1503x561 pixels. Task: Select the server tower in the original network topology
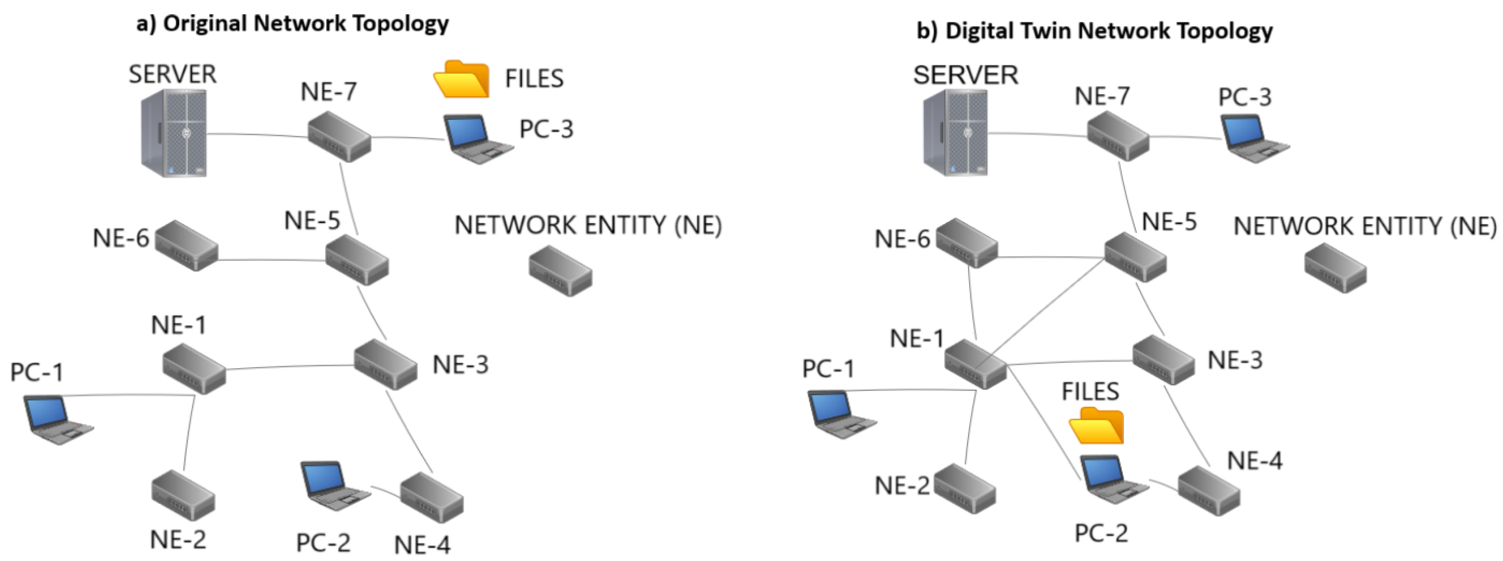click(174, 133)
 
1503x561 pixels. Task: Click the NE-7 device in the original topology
click(339, 137)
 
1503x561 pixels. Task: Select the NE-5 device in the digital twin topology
click(1135, 256)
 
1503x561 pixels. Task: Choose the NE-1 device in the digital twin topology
click(975, 364)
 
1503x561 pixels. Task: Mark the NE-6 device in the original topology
click(187, 245)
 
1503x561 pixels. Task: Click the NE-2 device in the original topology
click(182, 496)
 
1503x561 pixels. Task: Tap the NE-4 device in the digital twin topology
click(1208, 490)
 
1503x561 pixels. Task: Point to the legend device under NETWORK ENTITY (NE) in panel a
click(560, 271)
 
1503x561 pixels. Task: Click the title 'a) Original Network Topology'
click(292, 23)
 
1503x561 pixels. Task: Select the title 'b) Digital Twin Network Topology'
click(1095, 31)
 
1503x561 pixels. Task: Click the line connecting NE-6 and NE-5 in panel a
click(271, 260)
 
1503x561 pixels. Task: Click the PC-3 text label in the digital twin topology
click(1244, 97)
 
